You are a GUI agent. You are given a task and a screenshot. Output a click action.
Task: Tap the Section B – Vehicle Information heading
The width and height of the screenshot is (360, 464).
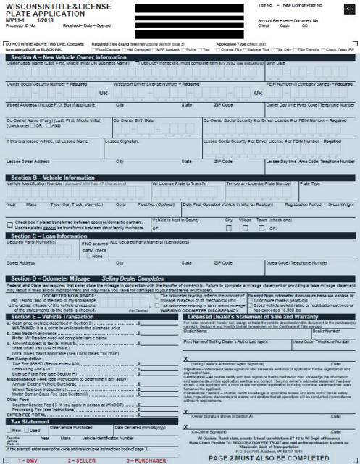click(x=56, y=177)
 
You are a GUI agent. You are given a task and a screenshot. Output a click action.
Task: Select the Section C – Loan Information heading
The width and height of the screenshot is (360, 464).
click(x=50, y=236)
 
